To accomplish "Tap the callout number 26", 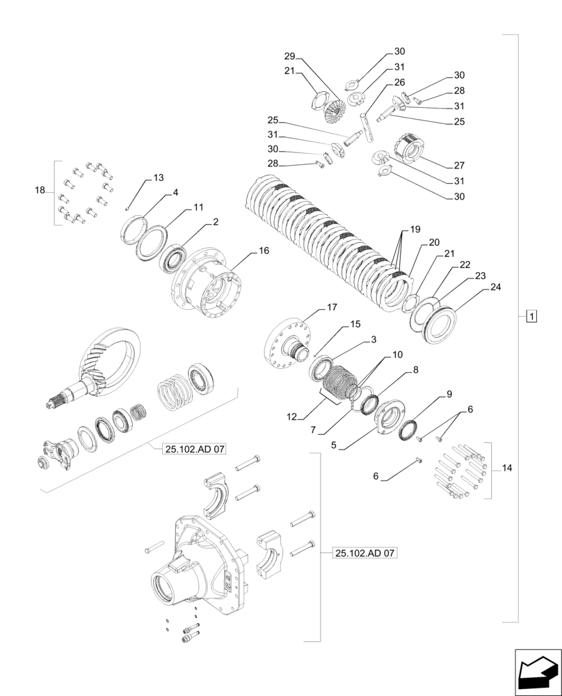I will tap(399, 82).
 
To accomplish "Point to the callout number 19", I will tap(415, 229).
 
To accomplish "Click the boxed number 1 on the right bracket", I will tap(531, 317).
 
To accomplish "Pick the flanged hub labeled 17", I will tap(286, 341).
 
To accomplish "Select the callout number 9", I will tap(449, 394).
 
